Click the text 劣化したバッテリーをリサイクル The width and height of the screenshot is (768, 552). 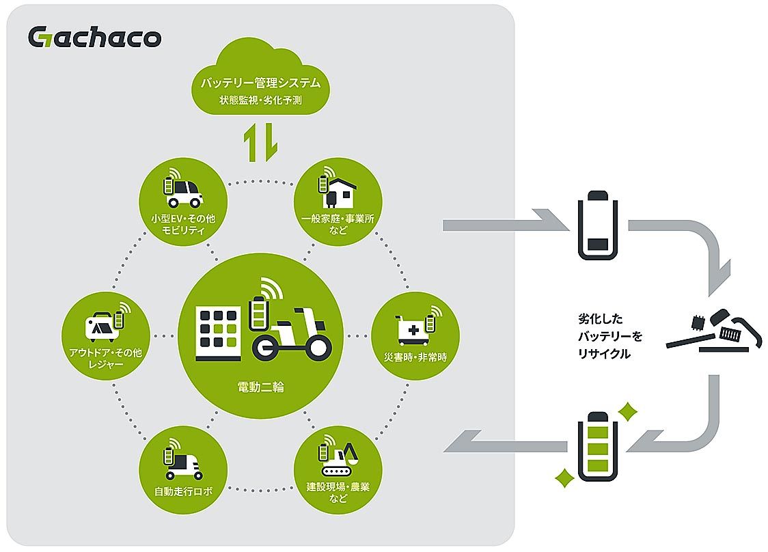pyautogui.click(x=601, y=336)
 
